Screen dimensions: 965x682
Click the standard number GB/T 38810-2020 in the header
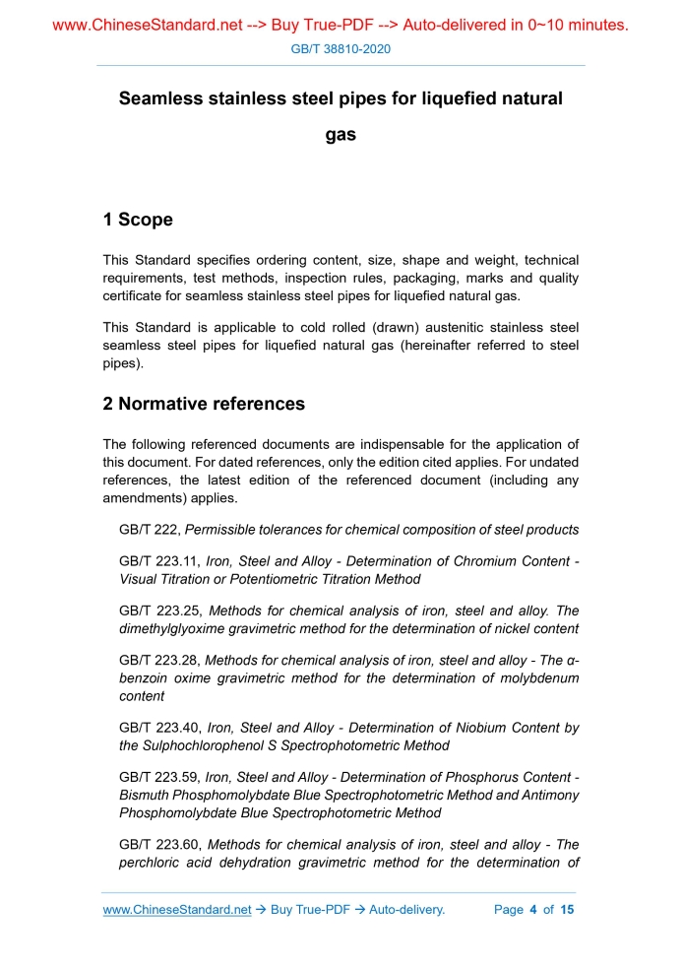click(341, 48)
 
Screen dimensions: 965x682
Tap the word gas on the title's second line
click(341, 135)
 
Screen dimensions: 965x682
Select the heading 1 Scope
click(138, 220)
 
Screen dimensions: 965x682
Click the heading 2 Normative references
click(204, 404)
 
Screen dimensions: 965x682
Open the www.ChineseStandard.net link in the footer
click(177, 910)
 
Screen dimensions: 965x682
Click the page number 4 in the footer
click(532, 910)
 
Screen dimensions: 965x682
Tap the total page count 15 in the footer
click(567, 910)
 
